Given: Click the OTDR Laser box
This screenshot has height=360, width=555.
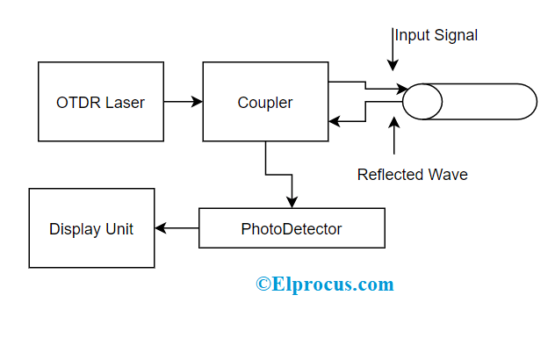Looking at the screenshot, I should pyautogui.click(x=101, y=102).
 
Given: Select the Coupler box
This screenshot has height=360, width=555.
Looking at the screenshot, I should pyautogui.click(x=265, y=102).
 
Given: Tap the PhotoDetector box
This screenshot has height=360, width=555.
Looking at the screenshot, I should pyautogui.click(x=292, y=229).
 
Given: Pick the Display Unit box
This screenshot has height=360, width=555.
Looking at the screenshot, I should pyautogui.click(x=91, y=229).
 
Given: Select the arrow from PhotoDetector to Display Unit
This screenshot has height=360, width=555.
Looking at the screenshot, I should pyautogui.click(x=177, y=229).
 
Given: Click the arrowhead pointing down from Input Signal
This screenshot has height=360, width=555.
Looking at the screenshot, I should pyautogui.click(x=393, y=64).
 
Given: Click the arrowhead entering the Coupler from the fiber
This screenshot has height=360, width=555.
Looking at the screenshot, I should pyautogui.click(x=334, y=122).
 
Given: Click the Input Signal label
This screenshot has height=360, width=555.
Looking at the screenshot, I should pyautogui.click(x=436, y=35).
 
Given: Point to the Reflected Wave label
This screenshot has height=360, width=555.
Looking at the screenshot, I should pyautogui.click(x=412, y=175).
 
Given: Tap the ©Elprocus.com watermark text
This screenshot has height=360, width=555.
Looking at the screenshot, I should pyautogui.click(x=325, y=284).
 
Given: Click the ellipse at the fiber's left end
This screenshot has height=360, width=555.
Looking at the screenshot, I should pyautogui.click(x=422, y=101).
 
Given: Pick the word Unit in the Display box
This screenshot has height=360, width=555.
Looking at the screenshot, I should pyautogui.click(x=118, y=229).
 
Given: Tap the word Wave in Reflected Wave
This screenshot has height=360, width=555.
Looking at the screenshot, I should pyautogui.click(x=449, y=175).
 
